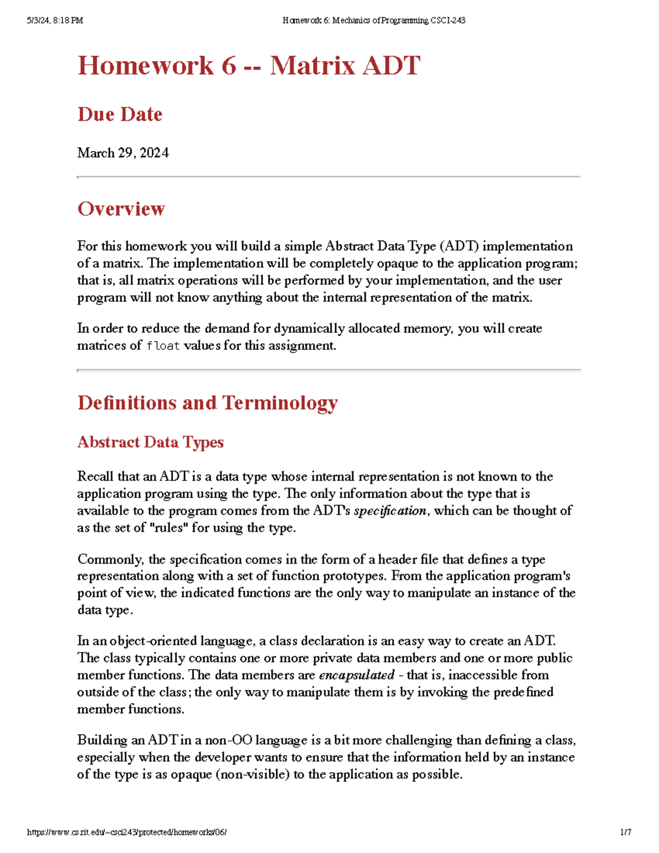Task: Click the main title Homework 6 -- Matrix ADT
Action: (x=249, y=66)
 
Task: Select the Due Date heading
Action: (x=120, y=114)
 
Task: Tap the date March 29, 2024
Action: (x=123, y=153)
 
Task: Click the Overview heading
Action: (x=121, y=209)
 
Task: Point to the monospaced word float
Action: (x=163, y=346)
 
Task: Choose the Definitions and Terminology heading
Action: (x=207, y=403)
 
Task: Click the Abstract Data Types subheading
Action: (x=150, y=442)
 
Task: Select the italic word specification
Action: (x=390, y=511)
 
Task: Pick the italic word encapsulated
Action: (x=356, y=675)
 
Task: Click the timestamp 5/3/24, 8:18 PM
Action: (x=55, y=21)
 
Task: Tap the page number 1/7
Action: (x=626, y=832)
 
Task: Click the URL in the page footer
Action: (x=127, y=832)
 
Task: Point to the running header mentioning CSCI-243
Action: (x=373, y=21)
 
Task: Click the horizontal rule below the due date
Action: (x=328, y=177)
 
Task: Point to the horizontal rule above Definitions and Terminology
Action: (x=328, y=370)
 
